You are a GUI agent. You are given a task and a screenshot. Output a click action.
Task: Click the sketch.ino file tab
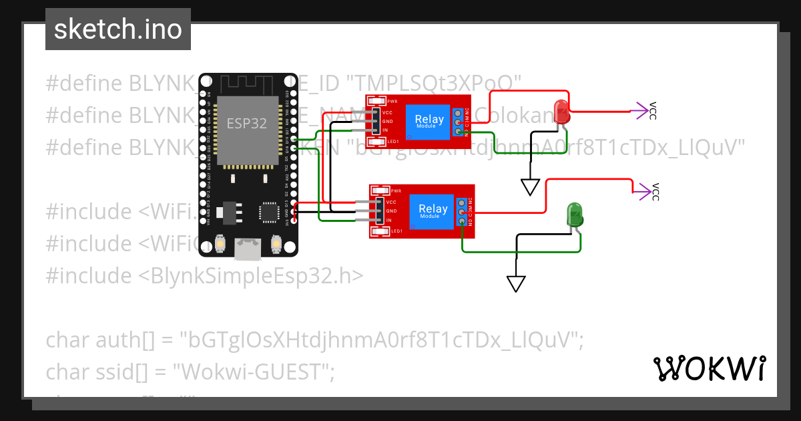click(117, 29)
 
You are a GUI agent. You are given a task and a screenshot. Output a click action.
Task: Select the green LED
click(575, 215)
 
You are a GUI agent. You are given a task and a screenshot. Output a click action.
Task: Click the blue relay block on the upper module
click(429, 122)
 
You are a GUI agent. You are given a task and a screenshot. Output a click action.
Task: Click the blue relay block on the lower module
click(433, 211)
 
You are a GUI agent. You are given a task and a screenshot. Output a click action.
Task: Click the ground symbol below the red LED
click(530, 186)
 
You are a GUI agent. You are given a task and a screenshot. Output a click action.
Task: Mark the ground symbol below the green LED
click(516, 283)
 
